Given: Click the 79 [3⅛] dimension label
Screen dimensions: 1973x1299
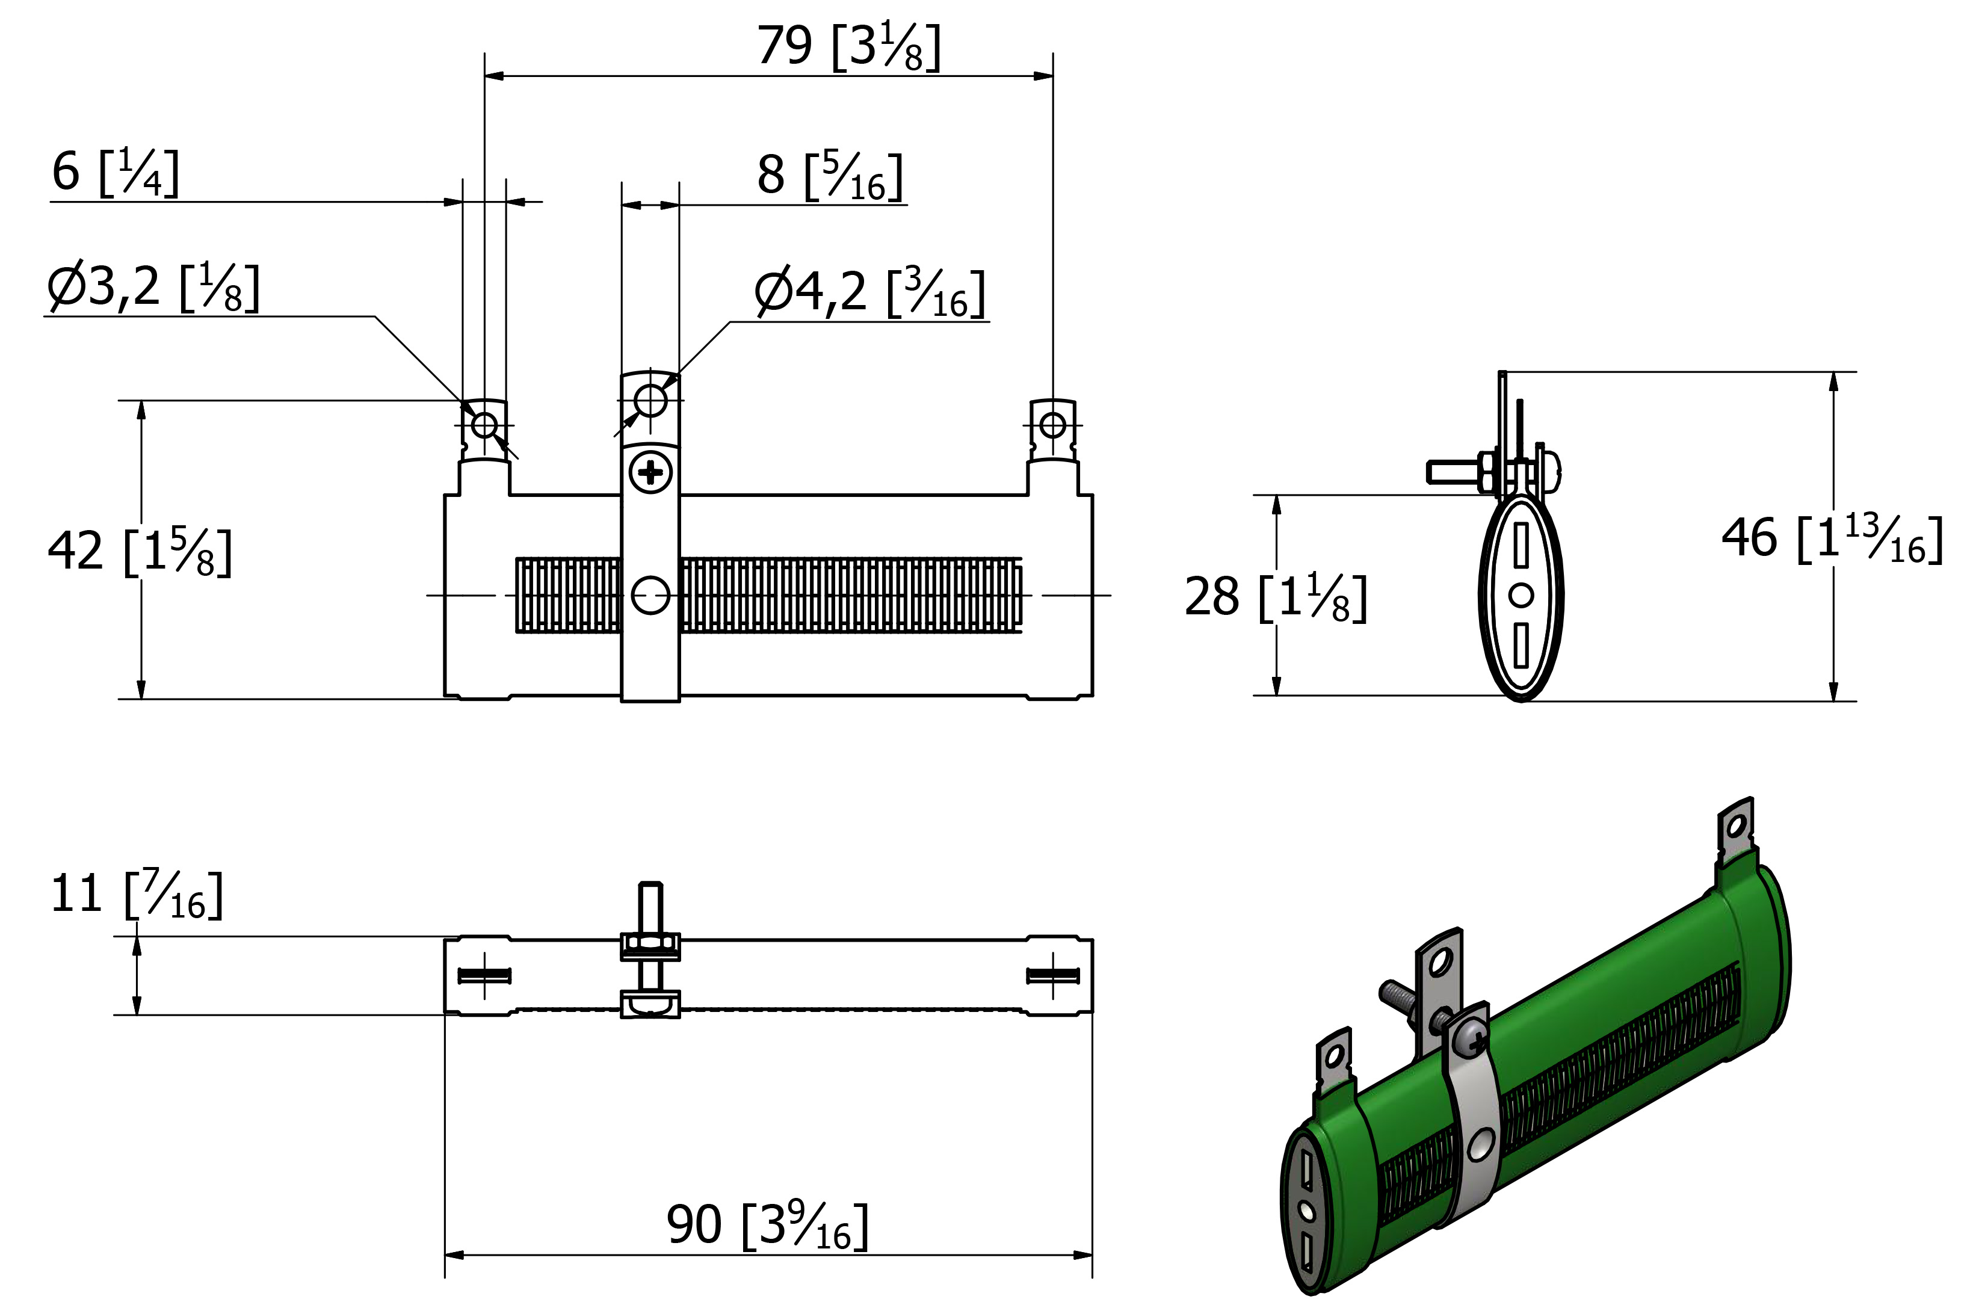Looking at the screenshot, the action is (849, 48).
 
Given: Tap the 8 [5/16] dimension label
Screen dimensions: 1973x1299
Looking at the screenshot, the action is (830, 176).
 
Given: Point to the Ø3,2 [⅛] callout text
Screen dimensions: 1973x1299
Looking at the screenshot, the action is (153, 288).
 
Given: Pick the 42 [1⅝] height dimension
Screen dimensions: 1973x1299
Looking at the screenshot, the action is (139, 551).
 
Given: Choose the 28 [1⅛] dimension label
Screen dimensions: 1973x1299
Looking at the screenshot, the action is (1276, 597).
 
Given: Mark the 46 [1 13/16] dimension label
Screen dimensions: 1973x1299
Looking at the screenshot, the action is (1832, 539).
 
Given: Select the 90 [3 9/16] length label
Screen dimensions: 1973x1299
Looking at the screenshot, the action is (768, 1224).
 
